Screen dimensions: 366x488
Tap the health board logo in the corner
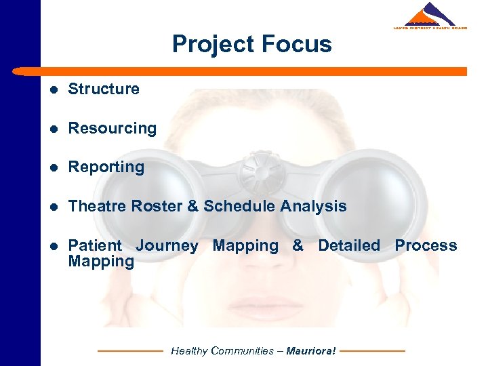click(x=430, y=16)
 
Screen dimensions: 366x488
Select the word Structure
click(x=104, y=89)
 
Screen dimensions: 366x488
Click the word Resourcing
click(x=113, y=128)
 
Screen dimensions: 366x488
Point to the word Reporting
click(x=106, y=167)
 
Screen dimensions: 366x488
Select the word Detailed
click(x=349, y=245)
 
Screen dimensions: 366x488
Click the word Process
click(x=426, y=245)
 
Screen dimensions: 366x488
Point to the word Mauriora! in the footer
click(x=310, y=351)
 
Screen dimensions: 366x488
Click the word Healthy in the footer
click(x=189, y=351)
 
